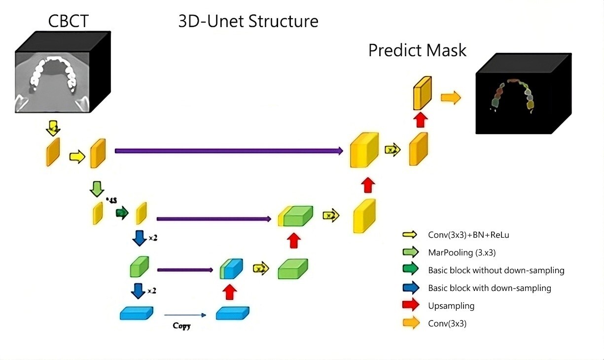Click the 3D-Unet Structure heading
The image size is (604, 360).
pos(248,21)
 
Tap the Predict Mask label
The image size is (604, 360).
pos(417,50)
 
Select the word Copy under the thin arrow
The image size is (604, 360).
pos(181,326)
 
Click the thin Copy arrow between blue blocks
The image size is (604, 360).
pos(184,314)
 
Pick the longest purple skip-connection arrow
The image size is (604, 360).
pos(229,151)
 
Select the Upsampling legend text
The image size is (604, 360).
pos(451,306)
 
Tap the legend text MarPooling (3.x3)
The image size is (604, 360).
pos(462,252)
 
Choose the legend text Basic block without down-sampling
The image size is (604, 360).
pos(496,270)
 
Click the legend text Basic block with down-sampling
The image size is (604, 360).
pos(490,288)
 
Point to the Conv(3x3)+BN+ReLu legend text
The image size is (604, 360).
pos(468,235)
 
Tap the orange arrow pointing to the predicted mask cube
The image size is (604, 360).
pos(451,98)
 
